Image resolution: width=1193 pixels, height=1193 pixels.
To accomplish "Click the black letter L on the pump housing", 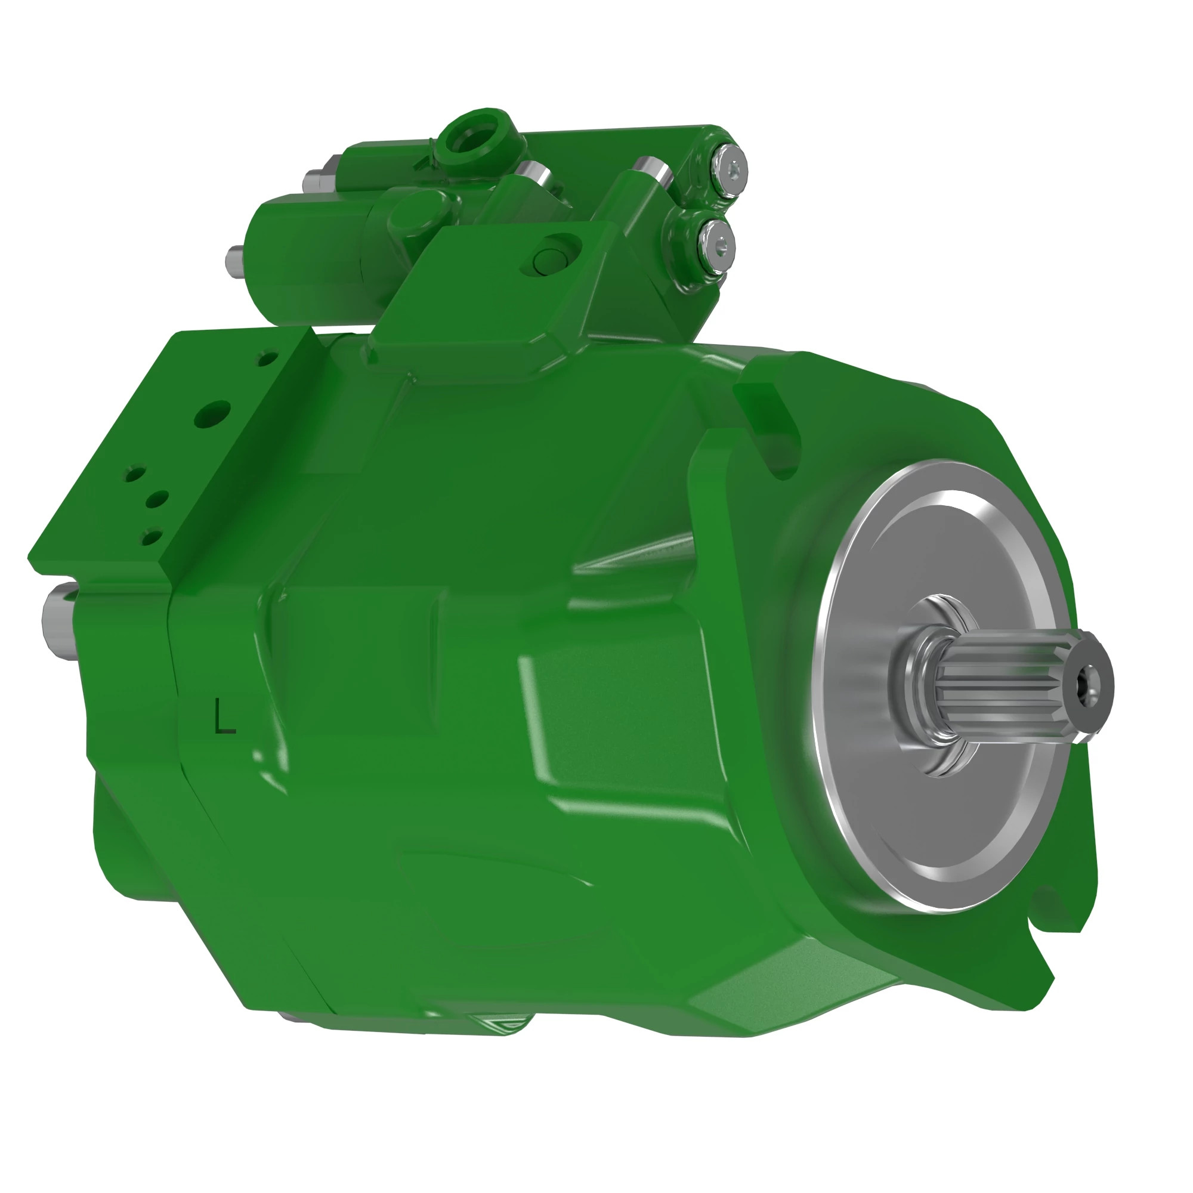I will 224,716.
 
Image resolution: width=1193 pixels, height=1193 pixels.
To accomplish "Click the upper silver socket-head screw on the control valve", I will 733,168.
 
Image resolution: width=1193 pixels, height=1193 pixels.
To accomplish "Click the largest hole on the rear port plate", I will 212,415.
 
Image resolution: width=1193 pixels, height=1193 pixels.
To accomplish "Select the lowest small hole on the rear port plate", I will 150,537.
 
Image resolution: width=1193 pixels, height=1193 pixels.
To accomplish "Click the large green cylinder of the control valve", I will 309,247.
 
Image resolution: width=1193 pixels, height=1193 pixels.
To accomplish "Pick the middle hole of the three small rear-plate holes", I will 157,499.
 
